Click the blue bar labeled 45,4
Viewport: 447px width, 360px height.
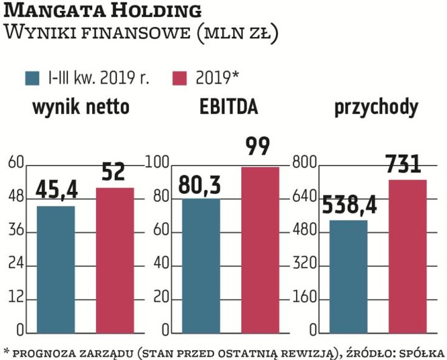(x=56, y=270)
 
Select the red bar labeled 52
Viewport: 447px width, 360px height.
(x=115, y=260)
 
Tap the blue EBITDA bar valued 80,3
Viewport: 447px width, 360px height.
(x=201, y=266)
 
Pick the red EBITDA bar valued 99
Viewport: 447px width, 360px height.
(x=260, y=250)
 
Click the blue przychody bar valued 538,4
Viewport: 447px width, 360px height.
(x=348, y=276)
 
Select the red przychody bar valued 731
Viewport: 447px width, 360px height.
(x=407, y=256)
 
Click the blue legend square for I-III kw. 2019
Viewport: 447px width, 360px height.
(x=32, y=78)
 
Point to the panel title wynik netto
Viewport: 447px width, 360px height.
(x=81, y=107)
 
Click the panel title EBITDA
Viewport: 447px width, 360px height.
(x=229, y=107)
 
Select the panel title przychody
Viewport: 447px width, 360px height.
(x=376, y=107)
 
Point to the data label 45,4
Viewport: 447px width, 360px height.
(x=56, y=190)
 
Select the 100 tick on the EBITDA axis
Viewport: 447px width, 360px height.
(x=159, y=163)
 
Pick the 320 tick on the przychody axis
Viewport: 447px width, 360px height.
(x=305, y=264)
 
